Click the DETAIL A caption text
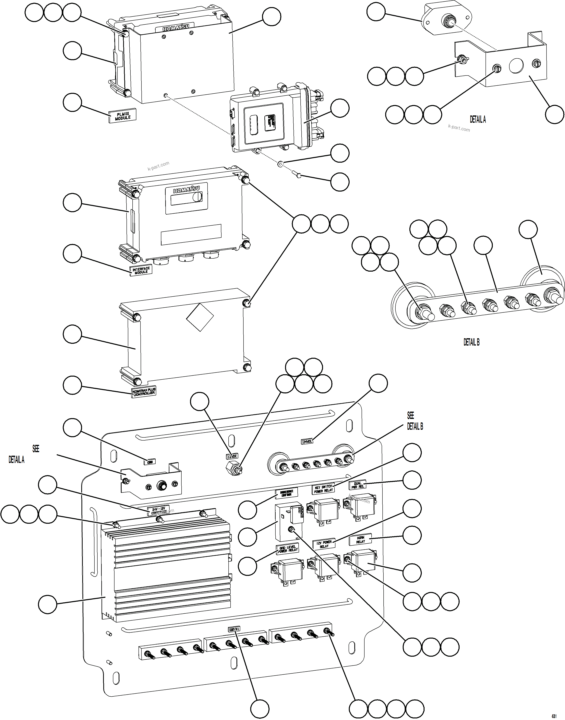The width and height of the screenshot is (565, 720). [x=478, y=119]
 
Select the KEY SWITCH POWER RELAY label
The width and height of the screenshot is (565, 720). [x=323, y=489]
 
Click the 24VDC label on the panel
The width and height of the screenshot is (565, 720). [x=307, y=441]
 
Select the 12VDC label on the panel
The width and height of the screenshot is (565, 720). [x=232, y=456]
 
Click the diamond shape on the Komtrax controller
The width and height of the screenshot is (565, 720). [x=200, y=317]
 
